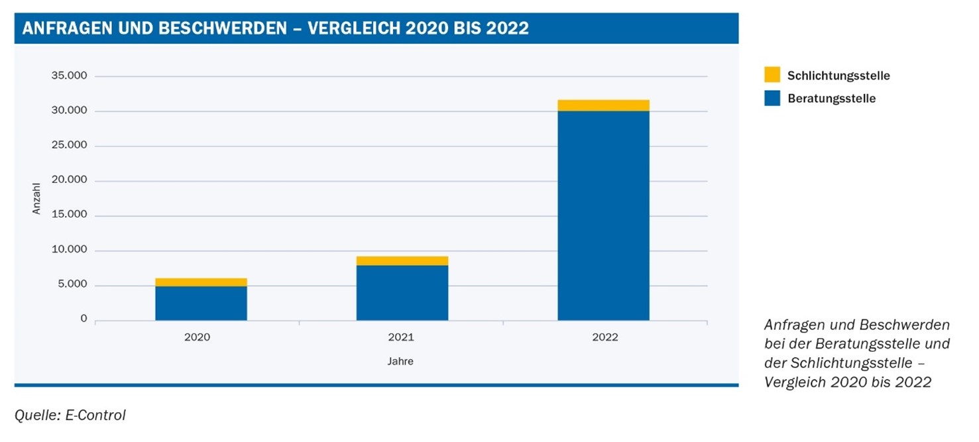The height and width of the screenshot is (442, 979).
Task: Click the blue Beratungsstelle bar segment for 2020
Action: coord(201,304)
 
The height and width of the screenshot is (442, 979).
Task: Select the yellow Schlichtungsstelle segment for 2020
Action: coord(201,282)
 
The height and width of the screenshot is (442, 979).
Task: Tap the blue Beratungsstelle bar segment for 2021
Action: coord(402,293)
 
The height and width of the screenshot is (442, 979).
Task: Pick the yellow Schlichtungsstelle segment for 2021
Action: coord(402,260)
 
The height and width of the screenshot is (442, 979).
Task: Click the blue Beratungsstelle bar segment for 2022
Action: coord(603,215)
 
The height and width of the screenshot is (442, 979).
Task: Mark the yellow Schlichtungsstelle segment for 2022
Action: coord(603,105)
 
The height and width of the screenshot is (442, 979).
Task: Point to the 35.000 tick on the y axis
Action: coord(69,76)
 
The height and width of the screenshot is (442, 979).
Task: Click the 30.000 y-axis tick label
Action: coord(69,111)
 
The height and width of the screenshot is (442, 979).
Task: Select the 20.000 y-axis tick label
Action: coord(69,180)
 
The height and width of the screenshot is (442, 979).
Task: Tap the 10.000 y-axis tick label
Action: coord(69,250)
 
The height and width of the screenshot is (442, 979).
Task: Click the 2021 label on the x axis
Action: coord(401,337)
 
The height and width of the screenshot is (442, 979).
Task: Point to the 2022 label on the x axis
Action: coord(605,337)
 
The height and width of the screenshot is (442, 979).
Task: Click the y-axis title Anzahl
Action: coord(37,198)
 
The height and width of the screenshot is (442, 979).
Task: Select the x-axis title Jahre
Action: coord(400,362)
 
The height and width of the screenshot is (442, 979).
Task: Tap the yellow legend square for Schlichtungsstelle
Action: coord(772,74)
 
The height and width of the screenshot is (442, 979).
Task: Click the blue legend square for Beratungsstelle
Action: coord(772,98)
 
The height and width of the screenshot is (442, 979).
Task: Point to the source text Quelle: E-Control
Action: coord(70,415)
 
